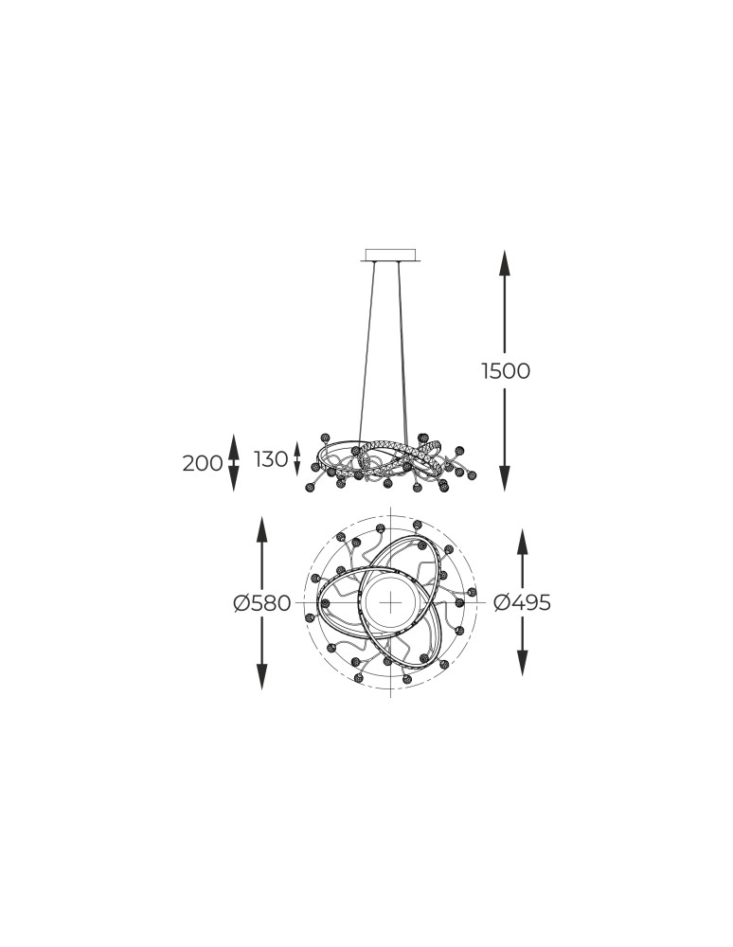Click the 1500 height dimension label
coord(506,371)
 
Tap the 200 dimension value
coord(203,464)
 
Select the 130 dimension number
coord(271,459)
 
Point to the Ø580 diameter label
coord(262,602)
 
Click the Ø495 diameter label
coord(522,602)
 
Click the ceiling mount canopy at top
coord(391,254)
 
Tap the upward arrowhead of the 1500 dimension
coord(505,264)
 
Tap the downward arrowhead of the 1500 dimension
coord(505,477)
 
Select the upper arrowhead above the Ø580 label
coord(261,529)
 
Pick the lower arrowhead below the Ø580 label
coord(261,675)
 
